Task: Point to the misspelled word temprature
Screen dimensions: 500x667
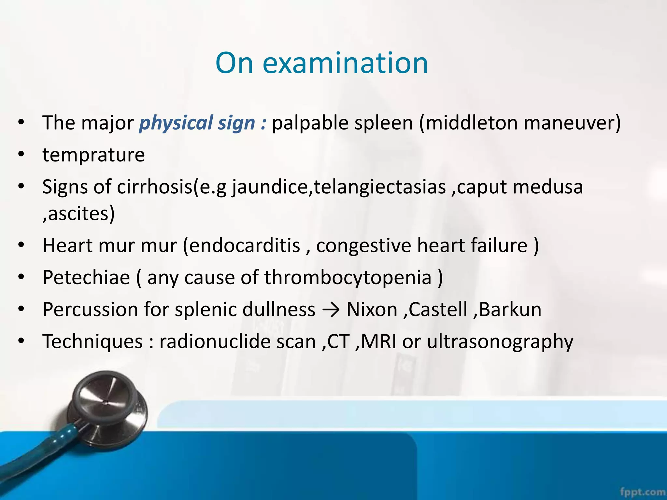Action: (x=93, y=155)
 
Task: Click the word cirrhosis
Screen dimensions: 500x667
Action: (x=155, y=187)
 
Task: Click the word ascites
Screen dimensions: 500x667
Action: (x=80, y=214)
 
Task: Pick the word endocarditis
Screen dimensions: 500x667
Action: (x=244, y=245)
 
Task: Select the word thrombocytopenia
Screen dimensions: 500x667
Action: (x=348, y=278)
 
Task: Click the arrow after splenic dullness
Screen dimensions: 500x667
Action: (x=331, y=310)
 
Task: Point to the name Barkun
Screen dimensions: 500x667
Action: (x=510, y=310)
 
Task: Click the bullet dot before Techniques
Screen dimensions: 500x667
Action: (x=21, y=341)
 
